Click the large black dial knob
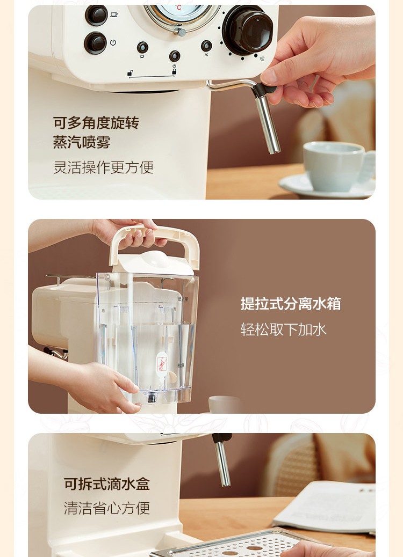248,30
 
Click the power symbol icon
113,42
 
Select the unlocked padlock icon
131,73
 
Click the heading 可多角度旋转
96,123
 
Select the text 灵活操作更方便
103,167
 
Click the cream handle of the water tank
155,245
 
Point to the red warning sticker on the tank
162,362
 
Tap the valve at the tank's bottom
152,398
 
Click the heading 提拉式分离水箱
291,304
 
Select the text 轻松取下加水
283,329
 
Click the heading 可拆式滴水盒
107,484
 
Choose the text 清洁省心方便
107,508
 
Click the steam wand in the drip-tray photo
222,460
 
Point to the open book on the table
326,506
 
